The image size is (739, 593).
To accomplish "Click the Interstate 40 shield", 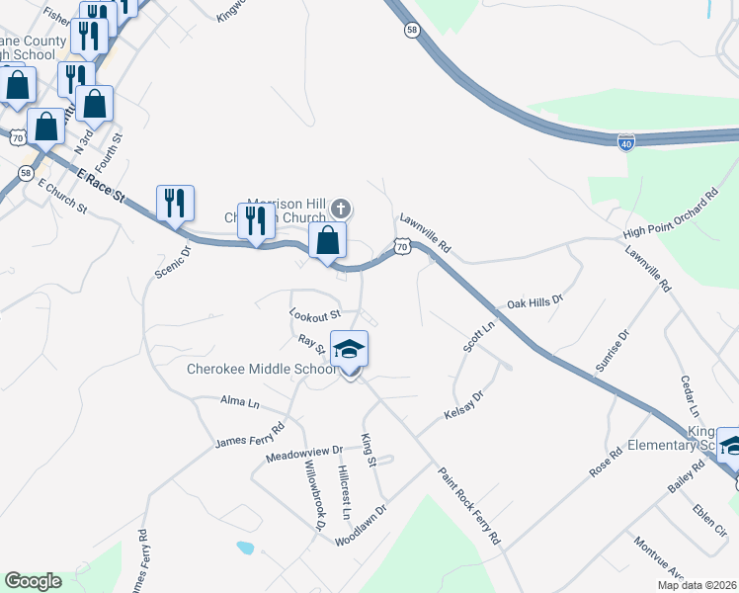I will (x=625, y=142).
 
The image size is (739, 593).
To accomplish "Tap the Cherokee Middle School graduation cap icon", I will (x=349, y=351).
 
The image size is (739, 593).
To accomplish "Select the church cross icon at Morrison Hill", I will (x=341, y=209).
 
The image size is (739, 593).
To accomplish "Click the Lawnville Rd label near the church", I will (x=425, y=233).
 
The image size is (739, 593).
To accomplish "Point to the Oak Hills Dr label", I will (x=534, y=299).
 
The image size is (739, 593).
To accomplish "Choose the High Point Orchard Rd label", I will (x=670, y=219).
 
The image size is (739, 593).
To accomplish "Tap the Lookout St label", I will (x=314, y=313).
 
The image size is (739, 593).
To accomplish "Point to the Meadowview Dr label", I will (x=304, y=454).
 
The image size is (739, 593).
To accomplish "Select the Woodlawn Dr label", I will (x=360, y=527).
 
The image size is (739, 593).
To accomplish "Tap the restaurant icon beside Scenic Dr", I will (x=176, y=203).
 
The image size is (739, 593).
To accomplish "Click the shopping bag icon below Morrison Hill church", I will (x=327, y=239).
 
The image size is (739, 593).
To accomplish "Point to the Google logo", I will (x=33, y=581).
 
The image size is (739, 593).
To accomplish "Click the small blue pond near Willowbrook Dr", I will (x=244, y=547).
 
